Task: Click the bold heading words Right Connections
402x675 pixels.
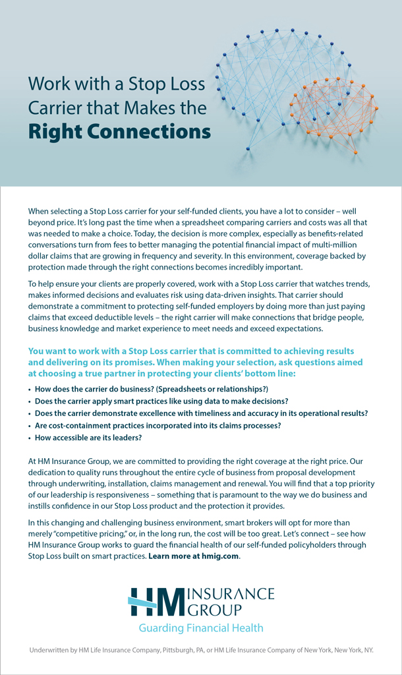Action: [119, 131]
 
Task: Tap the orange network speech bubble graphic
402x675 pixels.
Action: [333, 109]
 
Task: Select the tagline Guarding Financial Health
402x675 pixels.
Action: [201, 628]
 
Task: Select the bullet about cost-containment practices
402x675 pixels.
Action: [158, 426]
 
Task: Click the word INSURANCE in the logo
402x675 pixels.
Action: [231, 593]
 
